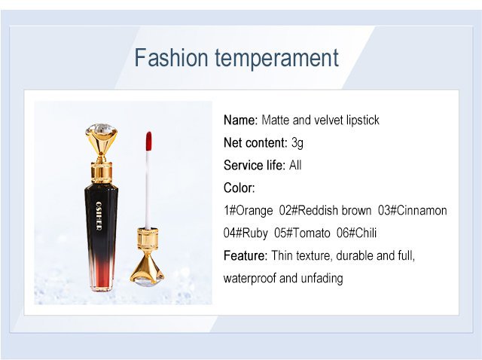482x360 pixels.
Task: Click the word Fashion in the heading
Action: tap(172, 57)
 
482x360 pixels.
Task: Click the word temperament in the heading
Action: tap(276, 59)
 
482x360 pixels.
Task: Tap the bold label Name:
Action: tap(241, 120)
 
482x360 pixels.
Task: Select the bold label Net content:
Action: tap(256, 142)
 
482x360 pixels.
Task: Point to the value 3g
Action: tap(297, 143)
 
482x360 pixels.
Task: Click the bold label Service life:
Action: tap(255, 165)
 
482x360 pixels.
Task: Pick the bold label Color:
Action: tap(239, 188)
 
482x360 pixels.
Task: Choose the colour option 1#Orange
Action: tap(249, 211)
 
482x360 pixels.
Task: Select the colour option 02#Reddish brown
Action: tap(325, 211)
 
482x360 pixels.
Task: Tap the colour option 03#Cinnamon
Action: tap(412, 211)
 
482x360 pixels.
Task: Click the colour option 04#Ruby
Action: tap(246, 233)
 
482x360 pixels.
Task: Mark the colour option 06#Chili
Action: tap(356, 233)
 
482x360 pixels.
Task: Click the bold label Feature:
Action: tap(246, 256)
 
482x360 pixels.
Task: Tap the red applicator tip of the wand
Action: tap(148, 141)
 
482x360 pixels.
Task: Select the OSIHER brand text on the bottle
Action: tap(99, 216)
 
